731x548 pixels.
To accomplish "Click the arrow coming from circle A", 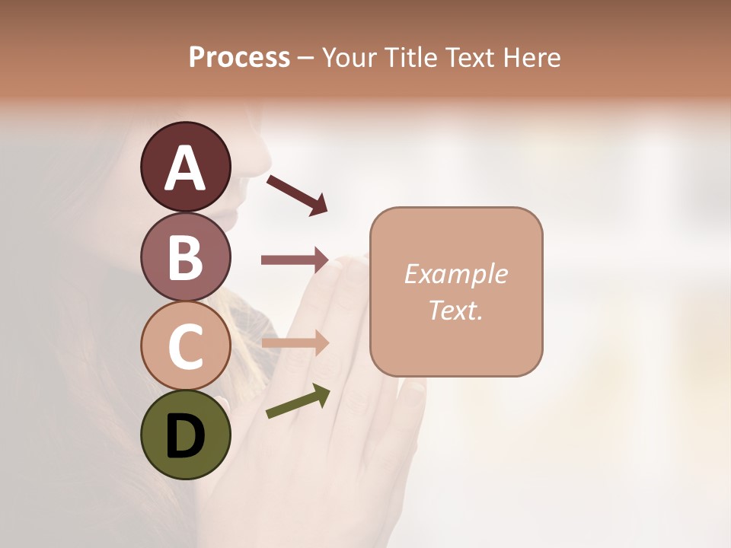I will (297, 195).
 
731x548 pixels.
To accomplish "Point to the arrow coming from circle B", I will (295, 260).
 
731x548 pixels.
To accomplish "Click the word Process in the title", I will (239, 57).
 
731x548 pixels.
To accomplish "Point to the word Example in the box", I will (455, 274).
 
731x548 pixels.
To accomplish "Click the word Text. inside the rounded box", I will (455, 310).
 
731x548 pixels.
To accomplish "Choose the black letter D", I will (185, 437).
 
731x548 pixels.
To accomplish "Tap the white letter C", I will (185, 346).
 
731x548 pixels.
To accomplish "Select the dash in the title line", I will (306, 58).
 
